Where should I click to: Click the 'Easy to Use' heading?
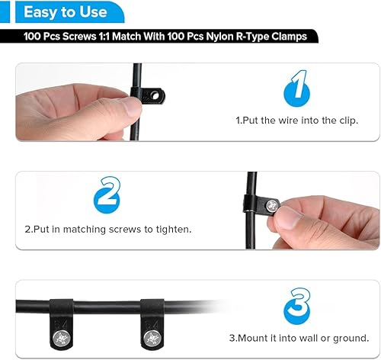tap(66, 12)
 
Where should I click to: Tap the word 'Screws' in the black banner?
tap(79, 36)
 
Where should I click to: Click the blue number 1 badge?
tap(296, 88)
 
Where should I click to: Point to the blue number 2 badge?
tap(107, 194)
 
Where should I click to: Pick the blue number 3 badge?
tap(297, 306)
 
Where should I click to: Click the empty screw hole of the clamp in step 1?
tap(155, 96)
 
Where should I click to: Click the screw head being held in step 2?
tap(272, 205)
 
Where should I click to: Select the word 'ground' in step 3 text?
tap(351, 339)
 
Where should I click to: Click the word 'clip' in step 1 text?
tap(349, 121)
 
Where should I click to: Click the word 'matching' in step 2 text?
tap(85, 230)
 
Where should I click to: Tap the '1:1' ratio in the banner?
tap(104, 36)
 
